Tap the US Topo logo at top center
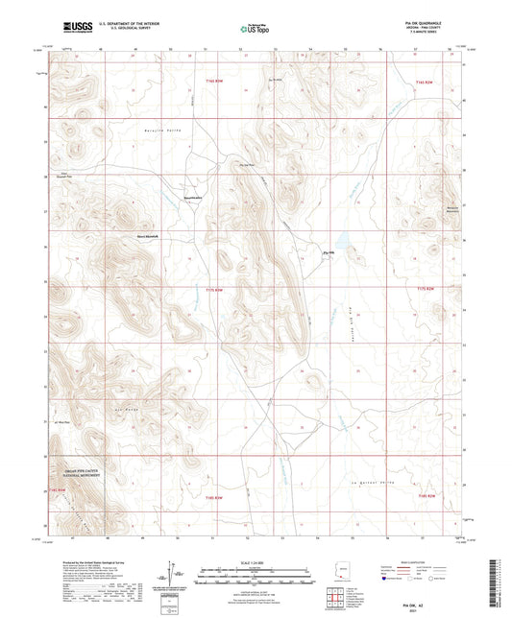click(x=255, y=29)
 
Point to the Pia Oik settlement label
click(x=327, y=253)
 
